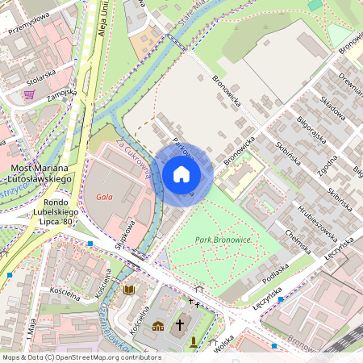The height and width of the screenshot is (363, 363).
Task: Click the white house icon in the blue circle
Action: (x=181, y=173)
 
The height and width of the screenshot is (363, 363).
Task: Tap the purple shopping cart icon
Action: (x=30, y=94)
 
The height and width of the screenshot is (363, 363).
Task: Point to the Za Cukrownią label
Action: (x=133, y=158)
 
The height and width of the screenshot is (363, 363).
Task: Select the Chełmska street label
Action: (x=300, y=237)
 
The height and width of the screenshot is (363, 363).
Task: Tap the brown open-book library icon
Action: (x=129, y=289)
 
